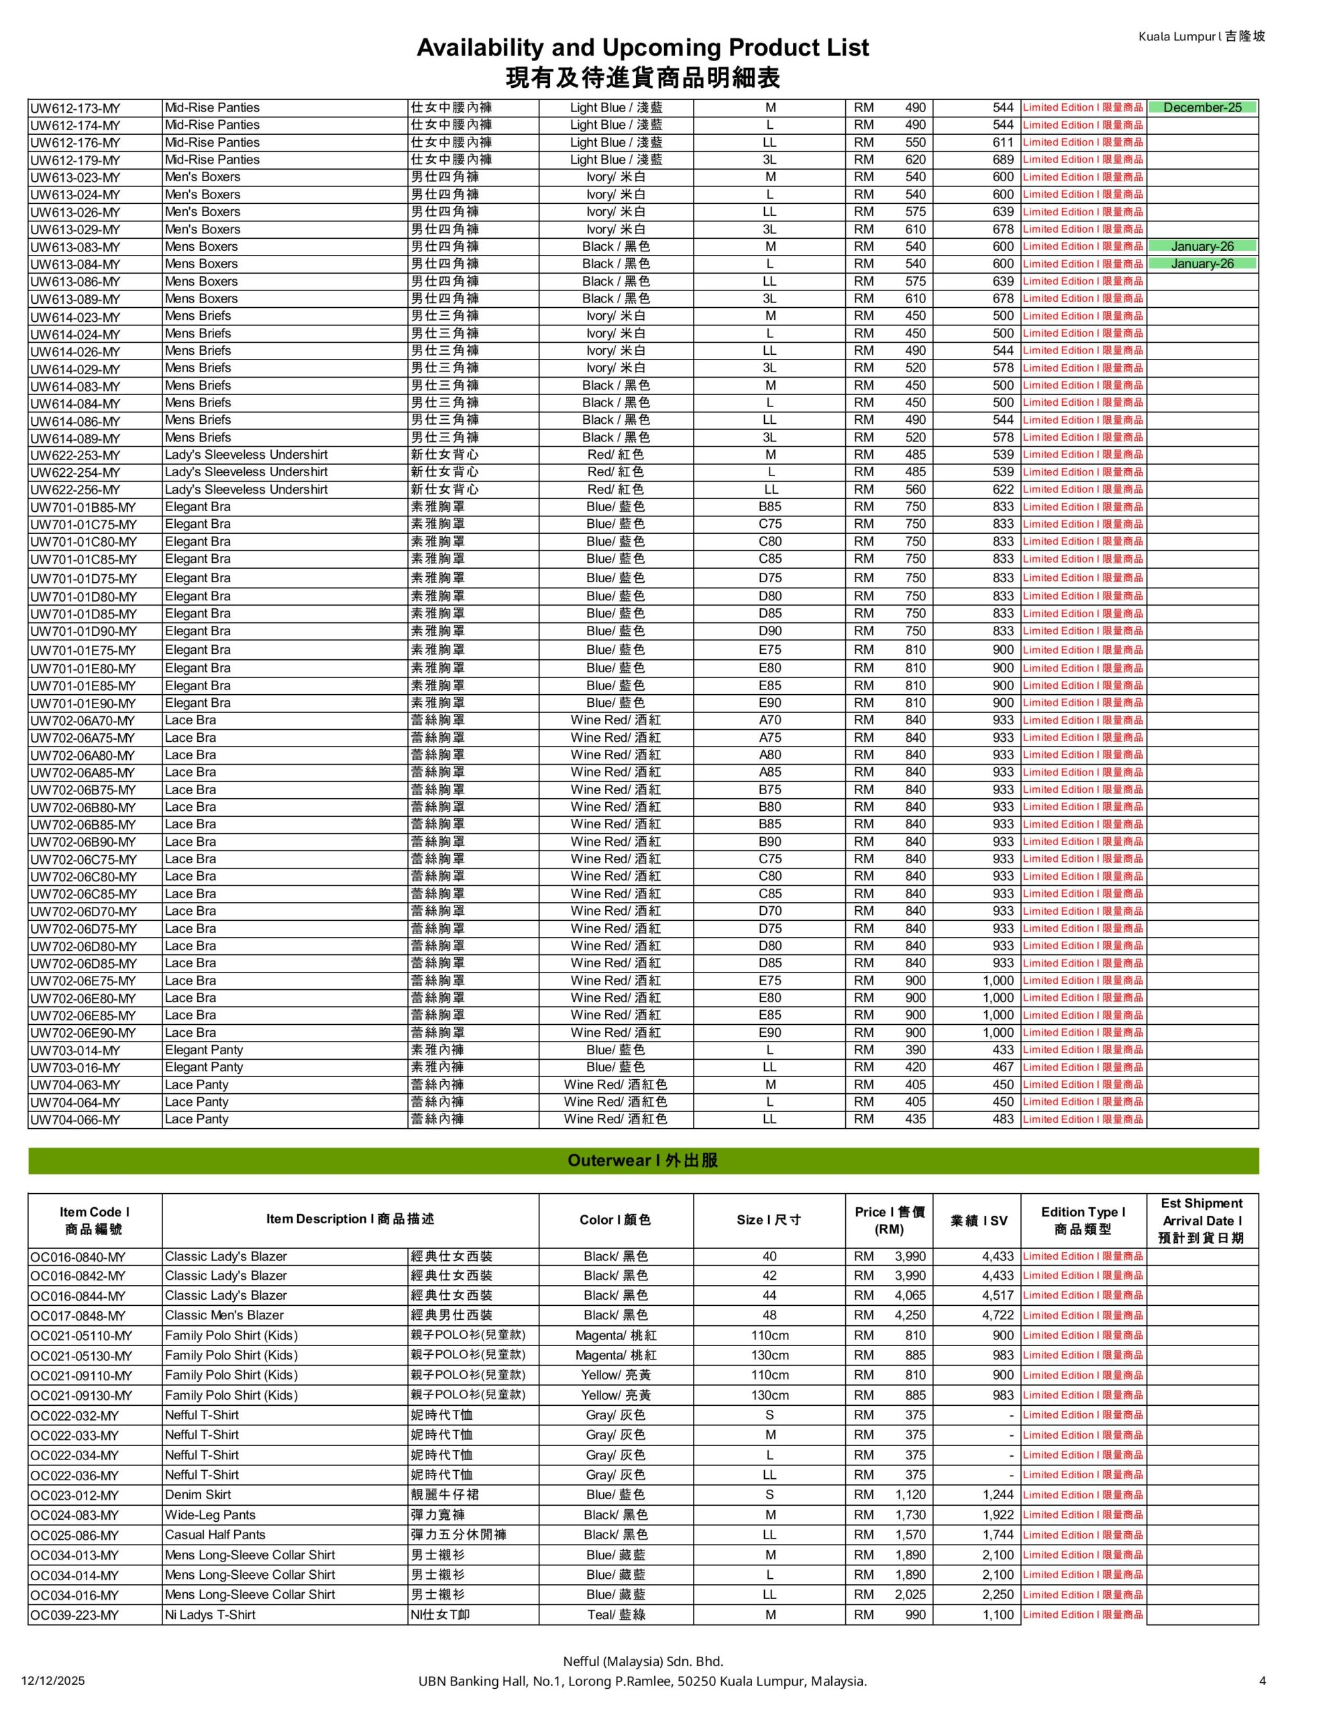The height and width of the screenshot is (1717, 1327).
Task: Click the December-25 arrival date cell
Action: click(x=1201, y=108)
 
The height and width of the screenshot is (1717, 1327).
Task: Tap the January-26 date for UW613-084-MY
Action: click(x=1201, y=264)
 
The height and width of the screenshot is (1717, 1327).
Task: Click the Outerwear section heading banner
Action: click(x=643, y=1160)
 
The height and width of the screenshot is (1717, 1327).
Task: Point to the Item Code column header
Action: click(x=95, y=1220)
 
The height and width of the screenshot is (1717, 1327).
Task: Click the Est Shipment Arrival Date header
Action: click(x=1201, y=1220)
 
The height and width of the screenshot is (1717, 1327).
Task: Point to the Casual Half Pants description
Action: click(x=215, y=1535)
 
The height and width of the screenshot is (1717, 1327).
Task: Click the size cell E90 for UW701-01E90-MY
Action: click(x=769, y=703)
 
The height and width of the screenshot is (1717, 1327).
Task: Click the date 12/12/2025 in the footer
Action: click(x=54, y=1681)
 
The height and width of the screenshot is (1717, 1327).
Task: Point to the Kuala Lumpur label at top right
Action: click(x=1201, y=36)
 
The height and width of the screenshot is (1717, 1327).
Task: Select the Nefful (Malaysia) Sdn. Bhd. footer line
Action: click(x=642, y=1661)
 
